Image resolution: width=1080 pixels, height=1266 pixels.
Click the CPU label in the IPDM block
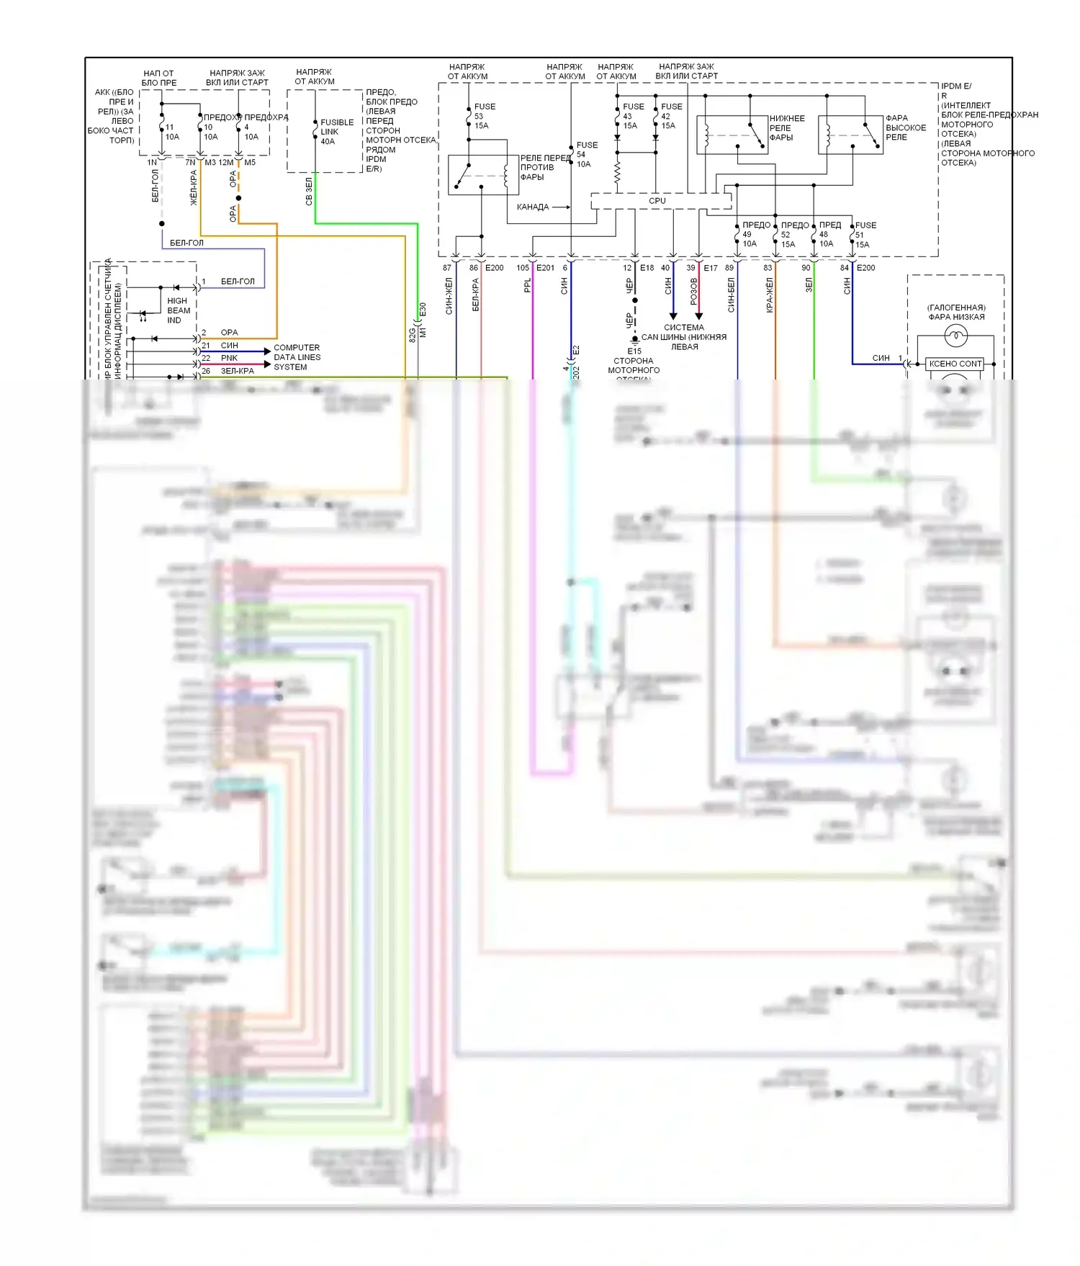coord(657,201)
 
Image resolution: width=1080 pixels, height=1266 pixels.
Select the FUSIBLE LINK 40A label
coord(336,132)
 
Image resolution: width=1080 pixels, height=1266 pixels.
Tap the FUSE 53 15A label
coord(484,116)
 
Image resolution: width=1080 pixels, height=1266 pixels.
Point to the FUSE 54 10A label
coord(586,154)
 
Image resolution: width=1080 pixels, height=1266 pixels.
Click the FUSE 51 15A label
coord(864,235)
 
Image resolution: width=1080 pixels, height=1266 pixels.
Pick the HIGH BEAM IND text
coord(178,310)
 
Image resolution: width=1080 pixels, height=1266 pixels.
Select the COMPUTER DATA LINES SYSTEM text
coord(297,357)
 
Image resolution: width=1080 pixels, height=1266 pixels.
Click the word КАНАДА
coord(533,207)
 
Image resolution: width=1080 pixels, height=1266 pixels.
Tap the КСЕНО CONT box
coord(955,364)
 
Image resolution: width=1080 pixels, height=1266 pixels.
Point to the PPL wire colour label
coord(527,286)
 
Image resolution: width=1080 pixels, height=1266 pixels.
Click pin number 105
coord(523,268)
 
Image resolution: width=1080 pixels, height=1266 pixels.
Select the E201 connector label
coord(545,268)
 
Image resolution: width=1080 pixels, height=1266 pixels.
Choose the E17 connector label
coord(710,268)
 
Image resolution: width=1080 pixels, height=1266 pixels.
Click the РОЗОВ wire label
coord(693,292)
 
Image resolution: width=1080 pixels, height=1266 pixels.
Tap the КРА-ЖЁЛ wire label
coord(769,295)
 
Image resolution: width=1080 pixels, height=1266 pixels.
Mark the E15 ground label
coord(634,351)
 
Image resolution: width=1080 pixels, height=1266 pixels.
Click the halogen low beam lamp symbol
coord(955,335)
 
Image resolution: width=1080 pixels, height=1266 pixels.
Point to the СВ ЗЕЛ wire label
coord(309,192)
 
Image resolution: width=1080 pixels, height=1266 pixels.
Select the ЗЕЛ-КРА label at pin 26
coord(237,371)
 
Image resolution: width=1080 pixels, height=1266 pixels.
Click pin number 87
coord(446,268)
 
